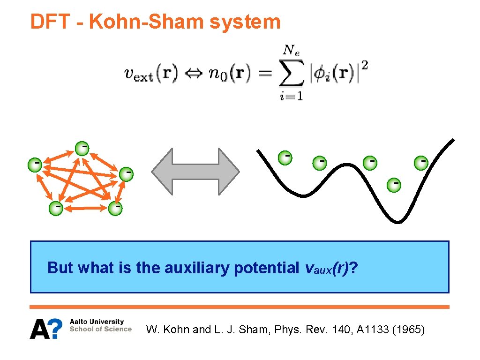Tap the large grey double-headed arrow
click(x=195, y=171)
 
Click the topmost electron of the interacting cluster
click(x=82, y=148)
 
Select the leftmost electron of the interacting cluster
click(x=34, y=164)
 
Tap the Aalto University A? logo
click(x=46, y=329)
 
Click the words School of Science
click(x=100, y=329)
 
